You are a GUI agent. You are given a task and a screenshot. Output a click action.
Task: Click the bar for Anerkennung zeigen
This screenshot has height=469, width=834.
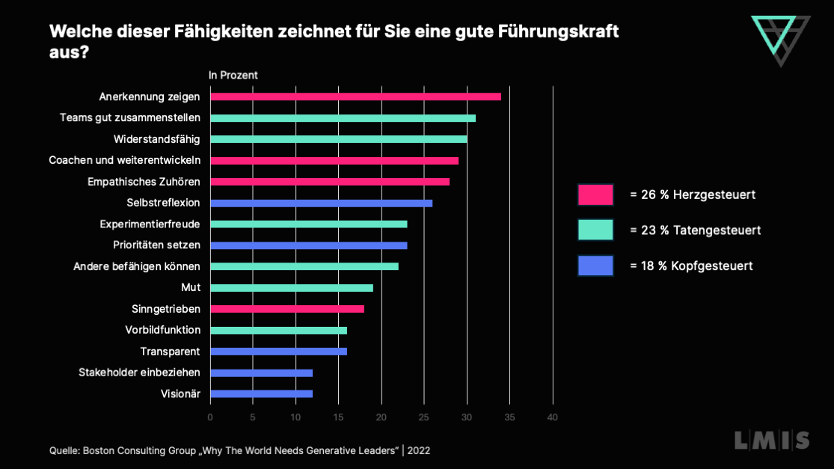pyautogui.click(x=355, y=96)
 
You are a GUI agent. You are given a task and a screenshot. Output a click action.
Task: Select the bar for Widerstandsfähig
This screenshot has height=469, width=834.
pyautogui.click(x=338, y=139)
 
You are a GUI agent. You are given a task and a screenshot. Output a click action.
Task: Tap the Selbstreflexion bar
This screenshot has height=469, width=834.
pyautogui.click(x=321, y=203)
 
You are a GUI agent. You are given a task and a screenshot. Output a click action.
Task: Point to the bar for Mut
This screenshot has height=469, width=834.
pyautogui.click(x=291, y=288)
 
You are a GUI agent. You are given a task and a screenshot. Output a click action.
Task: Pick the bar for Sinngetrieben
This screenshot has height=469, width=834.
pyautogui.click(x=287, y=309)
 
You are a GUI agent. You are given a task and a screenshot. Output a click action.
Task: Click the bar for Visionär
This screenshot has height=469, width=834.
pyautogui.click(x=261, y=393)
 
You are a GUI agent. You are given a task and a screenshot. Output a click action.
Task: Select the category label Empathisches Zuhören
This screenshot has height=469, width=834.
pyautogui.click(x=143, y=182)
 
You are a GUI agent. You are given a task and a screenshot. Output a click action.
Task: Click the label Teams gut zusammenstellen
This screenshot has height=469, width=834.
pyautogui.click(x=129, y=118)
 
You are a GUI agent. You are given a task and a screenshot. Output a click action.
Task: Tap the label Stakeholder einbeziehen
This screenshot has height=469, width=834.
pyautogui.click(x=139, y=373)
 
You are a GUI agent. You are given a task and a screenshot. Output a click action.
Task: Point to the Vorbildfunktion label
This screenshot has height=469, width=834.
pyautogui.click(x=162, y=330)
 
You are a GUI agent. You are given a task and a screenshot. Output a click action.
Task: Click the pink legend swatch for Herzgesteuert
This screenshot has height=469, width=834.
pyautogui.click(x=595, y=194)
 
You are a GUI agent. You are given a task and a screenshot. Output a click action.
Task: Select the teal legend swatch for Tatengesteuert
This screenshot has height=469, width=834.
pyautogui.click(x=595, y=230)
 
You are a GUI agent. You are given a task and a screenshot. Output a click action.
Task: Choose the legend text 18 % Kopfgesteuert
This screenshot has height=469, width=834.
pyautogui.click(x=691, y=266)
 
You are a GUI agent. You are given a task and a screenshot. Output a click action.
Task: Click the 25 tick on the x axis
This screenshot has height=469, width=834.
pyautogui.click(x=424, y=417)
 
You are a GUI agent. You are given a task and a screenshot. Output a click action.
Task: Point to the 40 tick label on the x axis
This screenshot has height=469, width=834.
pyautogui.click(x=553, y=417)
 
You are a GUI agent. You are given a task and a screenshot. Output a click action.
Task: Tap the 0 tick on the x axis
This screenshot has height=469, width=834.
pyautogui.click(x=210, y=417)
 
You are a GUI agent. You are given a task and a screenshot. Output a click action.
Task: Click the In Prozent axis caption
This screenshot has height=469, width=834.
pyautogui.click(x=233, y=75)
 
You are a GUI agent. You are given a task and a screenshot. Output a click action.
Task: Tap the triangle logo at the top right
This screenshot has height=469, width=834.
pyautogui.click(x=780, y=37)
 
